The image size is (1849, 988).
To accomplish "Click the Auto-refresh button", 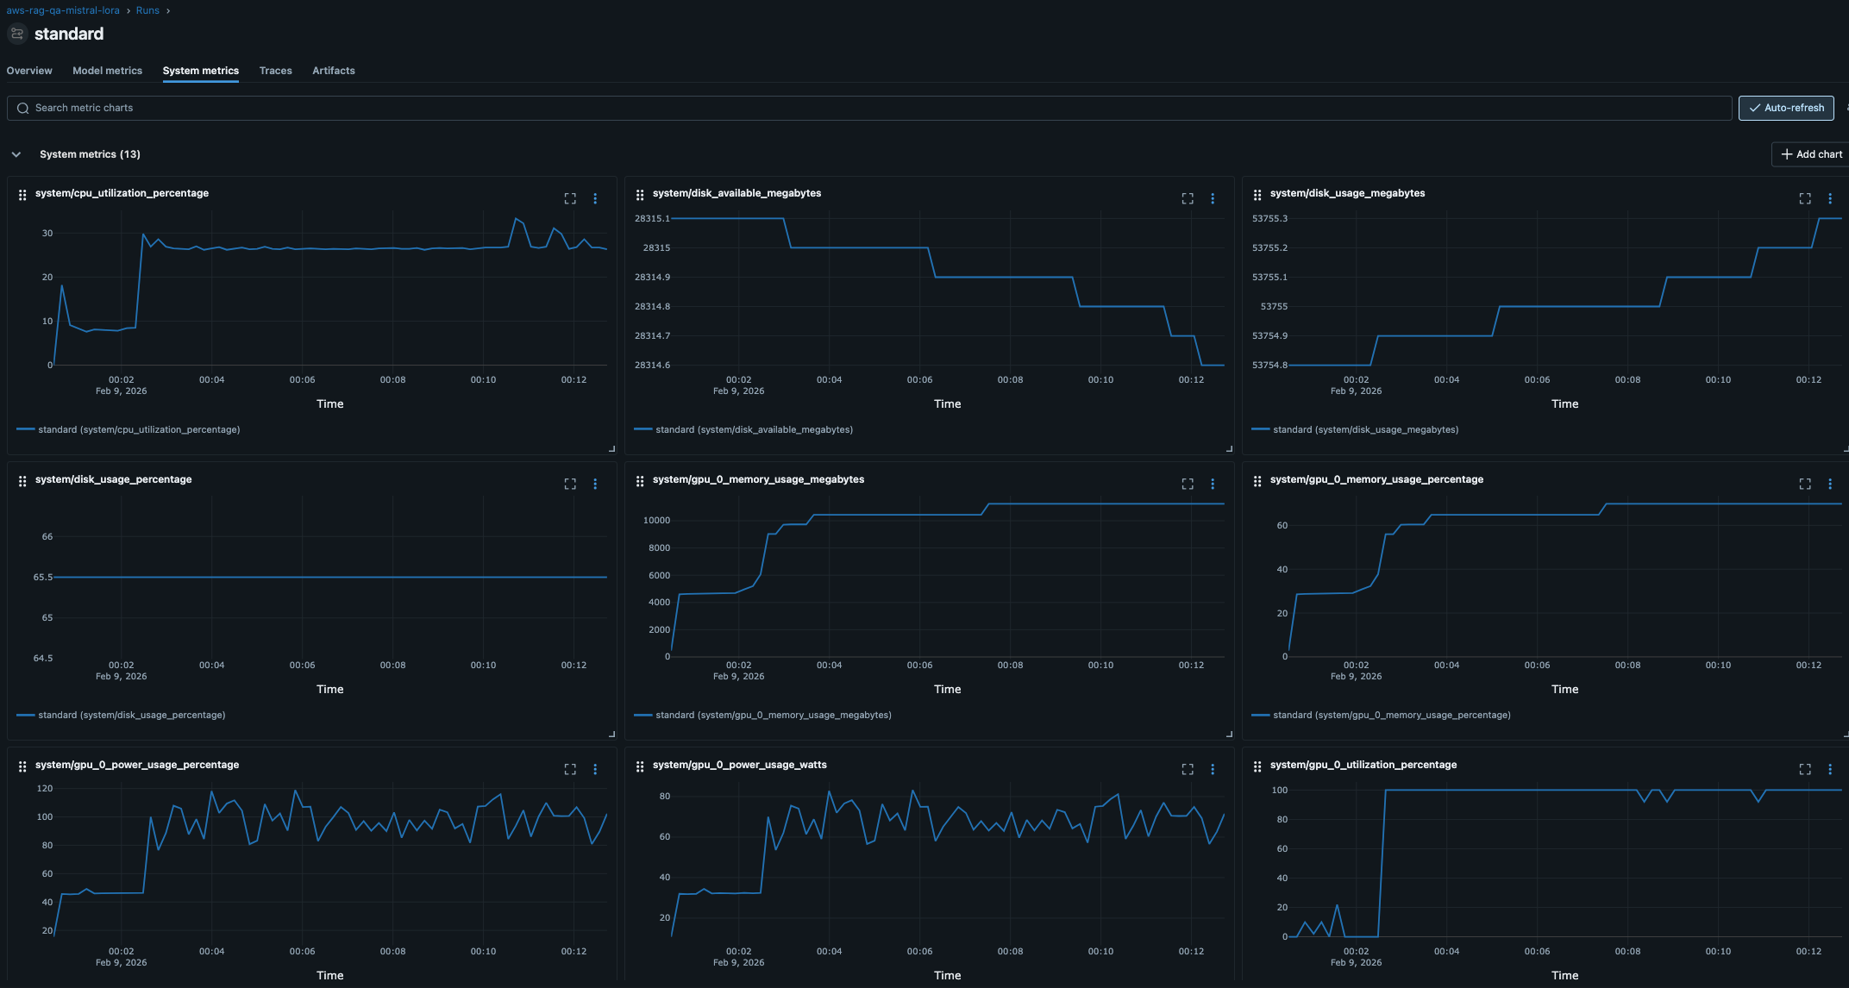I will pos(1785,108).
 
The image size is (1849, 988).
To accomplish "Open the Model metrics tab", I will pos(107,71).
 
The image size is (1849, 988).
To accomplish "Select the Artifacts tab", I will pos(333,71).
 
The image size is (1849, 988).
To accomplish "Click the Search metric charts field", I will pos(862,108).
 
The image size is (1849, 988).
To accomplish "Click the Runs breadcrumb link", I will pos(147,10).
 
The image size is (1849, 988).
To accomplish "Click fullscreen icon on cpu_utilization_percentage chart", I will pos(570,198).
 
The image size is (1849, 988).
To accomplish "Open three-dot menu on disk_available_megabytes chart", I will pos(1213,198).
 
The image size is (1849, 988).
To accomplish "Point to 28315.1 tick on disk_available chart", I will pos(651,219).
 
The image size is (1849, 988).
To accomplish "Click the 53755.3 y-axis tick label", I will pos(1269,219).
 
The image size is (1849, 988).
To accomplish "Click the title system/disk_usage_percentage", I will pos(113,479).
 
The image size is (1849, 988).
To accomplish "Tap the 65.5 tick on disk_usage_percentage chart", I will pos(42,578).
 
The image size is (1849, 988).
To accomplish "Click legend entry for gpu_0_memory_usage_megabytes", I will pos(773,715).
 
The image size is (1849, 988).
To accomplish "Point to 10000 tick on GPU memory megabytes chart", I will pos(656,521).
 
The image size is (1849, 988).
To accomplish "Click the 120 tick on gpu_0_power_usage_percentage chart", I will pos(45,789).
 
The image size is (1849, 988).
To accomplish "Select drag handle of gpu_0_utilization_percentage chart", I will pos(1257,766).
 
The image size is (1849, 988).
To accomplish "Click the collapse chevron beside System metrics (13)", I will pos(16,154).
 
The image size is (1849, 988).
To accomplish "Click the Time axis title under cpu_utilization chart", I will pos(329,403).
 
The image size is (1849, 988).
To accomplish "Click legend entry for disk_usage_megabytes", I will pos(1365,429).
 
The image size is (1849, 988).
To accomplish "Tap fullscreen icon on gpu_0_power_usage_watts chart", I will pos(1188,769).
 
